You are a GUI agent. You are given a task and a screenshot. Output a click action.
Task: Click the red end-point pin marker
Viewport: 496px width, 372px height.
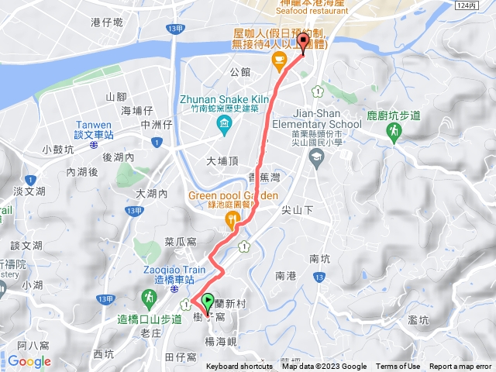pyautogui.click(x=302, y=43)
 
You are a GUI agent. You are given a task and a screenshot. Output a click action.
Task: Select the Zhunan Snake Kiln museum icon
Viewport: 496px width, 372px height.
pyautogui.click(x=224, y=124)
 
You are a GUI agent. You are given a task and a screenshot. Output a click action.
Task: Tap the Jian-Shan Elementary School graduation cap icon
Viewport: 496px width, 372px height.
pyautogui.click(x=315, y=158)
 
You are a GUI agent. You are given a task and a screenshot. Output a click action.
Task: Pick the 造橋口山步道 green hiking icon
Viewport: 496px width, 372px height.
pyautogui.click(x=148, y=297)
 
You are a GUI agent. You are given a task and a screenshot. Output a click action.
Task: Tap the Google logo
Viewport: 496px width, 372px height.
pyautogui.click(x=29, y=361)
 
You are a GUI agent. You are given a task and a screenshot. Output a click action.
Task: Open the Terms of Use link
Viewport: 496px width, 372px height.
pyautogui.click(x=398, y=367)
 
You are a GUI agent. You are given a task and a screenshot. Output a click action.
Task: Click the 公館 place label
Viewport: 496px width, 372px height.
pyautogui.click(x=240, y=72)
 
